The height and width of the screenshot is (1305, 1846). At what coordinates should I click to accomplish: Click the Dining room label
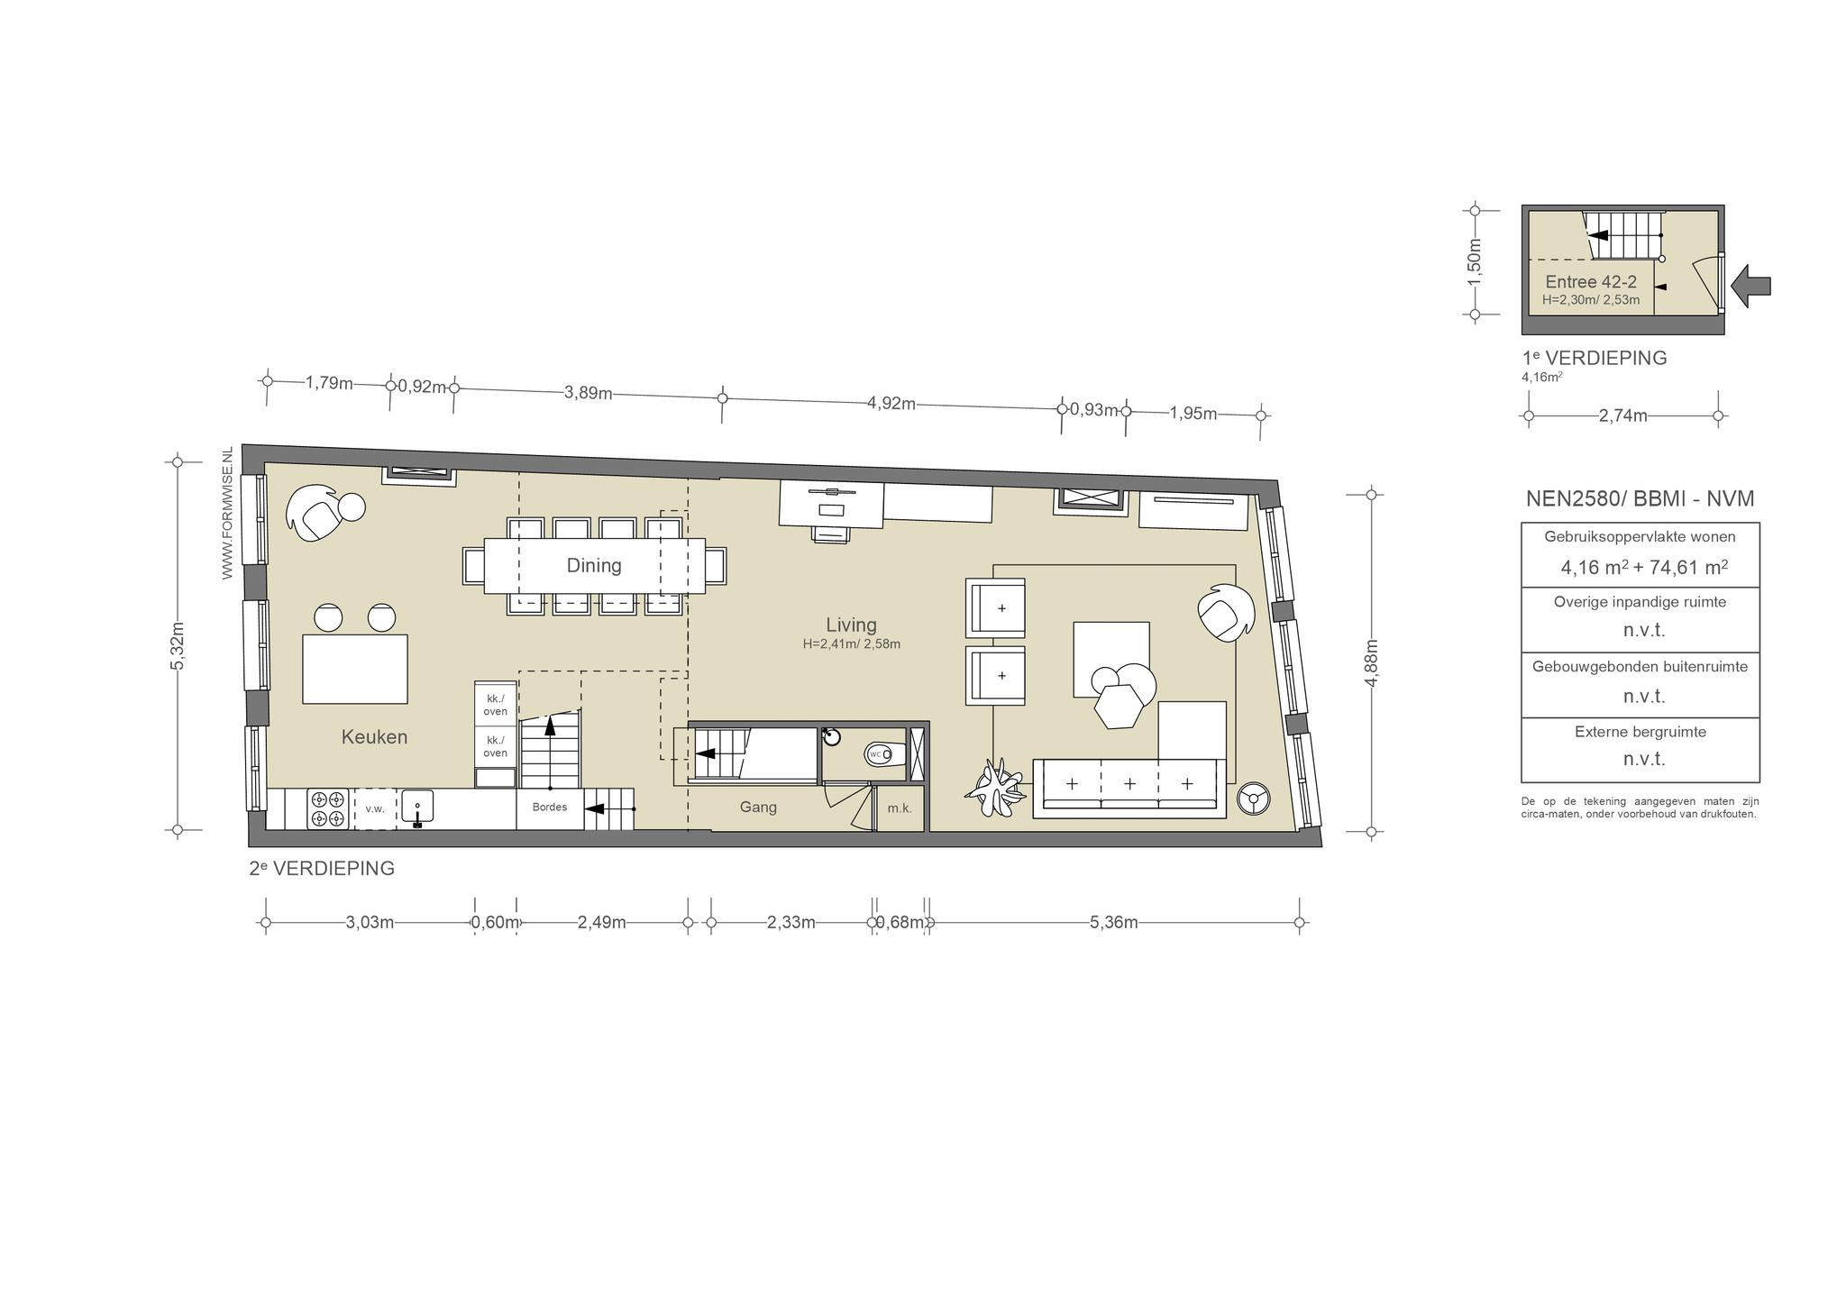click(x=594, y=565)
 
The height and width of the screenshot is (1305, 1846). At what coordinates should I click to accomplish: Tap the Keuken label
click(x=374, y=737)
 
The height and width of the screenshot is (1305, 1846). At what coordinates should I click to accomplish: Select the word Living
click(x=851, y=625)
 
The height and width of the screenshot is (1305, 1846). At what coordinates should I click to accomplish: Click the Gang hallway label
click(x=758, y=808)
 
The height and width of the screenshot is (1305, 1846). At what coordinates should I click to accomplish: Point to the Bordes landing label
click(x=550, y=807)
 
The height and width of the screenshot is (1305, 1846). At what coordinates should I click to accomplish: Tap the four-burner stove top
click(x=327, y=808)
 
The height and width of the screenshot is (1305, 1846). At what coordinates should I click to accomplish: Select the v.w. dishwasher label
click(x=375, y=809)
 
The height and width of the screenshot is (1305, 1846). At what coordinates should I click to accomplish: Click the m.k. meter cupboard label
click(x=900, y=809)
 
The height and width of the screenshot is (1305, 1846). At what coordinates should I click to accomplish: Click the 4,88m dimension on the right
click(x=1372, y=663)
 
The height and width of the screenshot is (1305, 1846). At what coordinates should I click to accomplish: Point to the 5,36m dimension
click(x=1114, y=922)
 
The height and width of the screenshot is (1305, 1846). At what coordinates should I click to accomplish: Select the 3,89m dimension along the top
click(x=589, y=394)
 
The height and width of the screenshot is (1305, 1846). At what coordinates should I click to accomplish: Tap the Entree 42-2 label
click(x=1591, y=282)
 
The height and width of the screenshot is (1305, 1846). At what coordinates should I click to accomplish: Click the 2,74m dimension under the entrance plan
click(x=1623, y=415)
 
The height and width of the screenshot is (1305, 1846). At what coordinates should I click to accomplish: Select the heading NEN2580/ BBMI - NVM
click(x=1640, y=499)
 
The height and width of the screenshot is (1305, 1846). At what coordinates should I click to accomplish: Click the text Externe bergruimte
click(x=1640, y=732)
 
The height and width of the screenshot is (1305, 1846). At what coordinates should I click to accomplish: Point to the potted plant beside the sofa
click(x=994, y=788)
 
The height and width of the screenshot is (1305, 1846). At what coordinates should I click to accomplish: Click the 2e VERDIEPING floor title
click(x=322, y=869)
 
